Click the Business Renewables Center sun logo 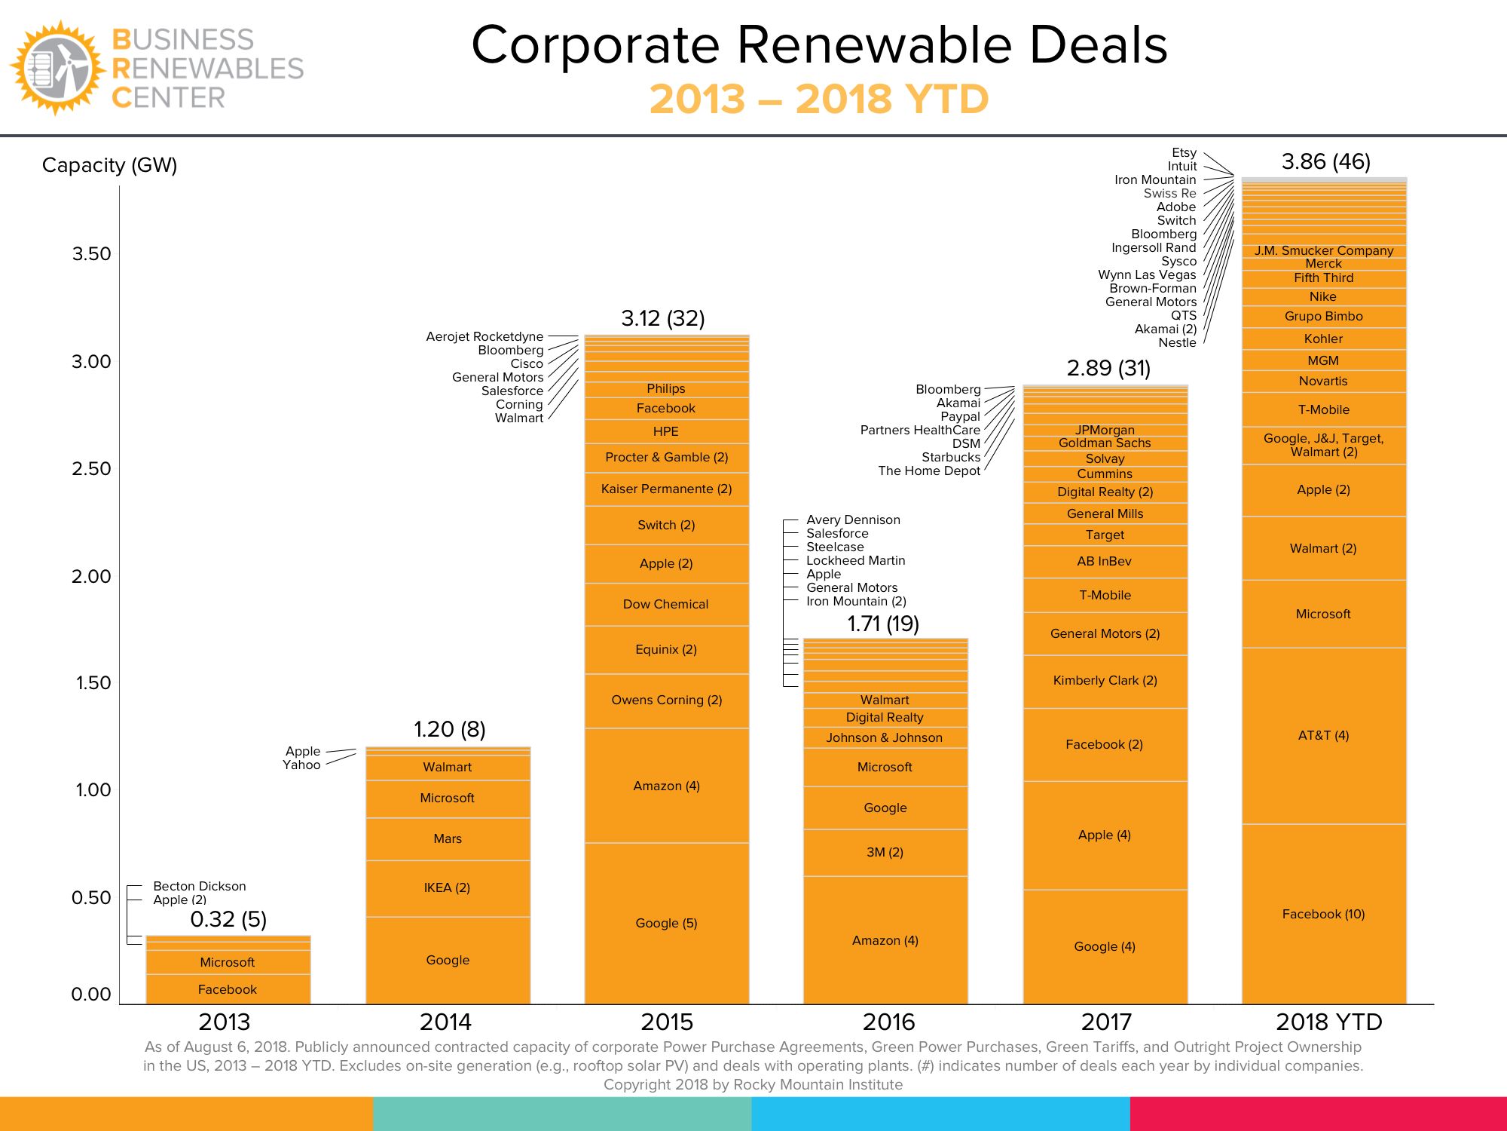[x=57, y=69]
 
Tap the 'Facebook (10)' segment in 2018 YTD [x=1323, y=914]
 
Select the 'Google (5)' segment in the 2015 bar [x=666, y=923]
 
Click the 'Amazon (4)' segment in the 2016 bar [x=885, y=940]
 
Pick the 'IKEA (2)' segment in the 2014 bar [x=447, y=888]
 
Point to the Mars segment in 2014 [x=448, y=838]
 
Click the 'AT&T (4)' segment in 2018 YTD [x=1323, y=735]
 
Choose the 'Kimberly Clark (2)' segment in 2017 [x=1105, y=680]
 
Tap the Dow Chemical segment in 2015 [x=666, y=604]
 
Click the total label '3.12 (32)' [x=663, y=318]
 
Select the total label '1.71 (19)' [x=883, y=624]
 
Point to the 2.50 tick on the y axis [x=91, y=469]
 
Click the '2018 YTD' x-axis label [x=1328, y=1022]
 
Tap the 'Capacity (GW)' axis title [x=109, y=165]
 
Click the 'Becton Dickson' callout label [x=199, y=886]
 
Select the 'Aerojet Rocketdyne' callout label [x=485, y=336]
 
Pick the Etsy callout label [x=1184, y=153]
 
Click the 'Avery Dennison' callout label [x=853, y=520]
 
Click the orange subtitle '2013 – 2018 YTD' [x=819, y=99]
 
